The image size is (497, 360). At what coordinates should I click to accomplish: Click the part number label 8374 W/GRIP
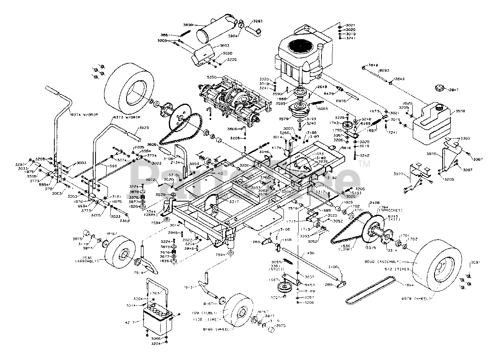(84, 115)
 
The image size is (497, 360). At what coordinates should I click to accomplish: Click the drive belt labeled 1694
(373, 289)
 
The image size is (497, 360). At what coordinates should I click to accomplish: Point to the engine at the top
(303, 54)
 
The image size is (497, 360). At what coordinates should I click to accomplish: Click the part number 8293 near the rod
(384, 70)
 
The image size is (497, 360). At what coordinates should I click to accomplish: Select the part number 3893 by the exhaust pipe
(257, 21)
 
